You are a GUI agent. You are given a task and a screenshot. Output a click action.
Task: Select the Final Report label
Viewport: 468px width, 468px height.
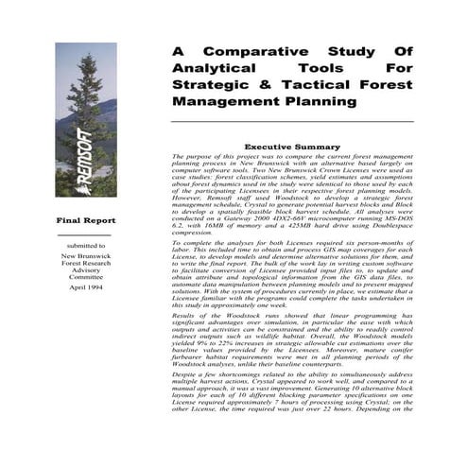(x=85, y=219)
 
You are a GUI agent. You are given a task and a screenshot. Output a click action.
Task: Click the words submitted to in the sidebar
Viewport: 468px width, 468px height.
(x=85, y=244)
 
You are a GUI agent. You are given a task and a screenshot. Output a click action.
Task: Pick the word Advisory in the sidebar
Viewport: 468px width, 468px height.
(x=85, y=269)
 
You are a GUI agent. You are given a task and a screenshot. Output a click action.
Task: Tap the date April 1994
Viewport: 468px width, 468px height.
(x=85, y=286)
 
